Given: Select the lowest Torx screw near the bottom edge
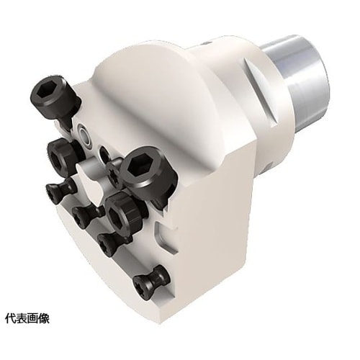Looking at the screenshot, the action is pyautogui.click(x=152, y=281).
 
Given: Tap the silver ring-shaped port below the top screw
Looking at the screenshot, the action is pyautogui.click(x=84, y=134).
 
